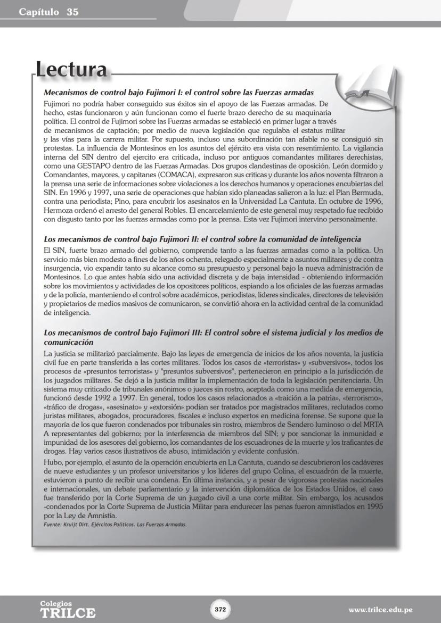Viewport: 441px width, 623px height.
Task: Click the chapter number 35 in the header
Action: (x=72, y=12)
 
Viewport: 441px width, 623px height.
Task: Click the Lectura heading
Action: (x=71, y=70)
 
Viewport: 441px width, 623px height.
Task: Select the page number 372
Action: (x=220, y=609)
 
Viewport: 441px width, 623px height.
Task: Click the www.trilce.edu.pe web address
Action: (x=380, y=610)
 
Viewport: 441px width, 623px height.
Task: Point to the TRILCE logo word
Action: (x=68, y=612)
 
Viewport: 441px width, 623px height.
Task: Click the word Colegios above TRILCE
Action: (x=56, y=603)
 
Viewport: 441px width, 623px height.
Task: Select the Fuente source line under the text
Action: (x=115, y=524)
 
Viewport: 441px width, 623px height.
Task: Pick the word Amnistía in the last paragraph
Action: (x=99, y=516)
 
